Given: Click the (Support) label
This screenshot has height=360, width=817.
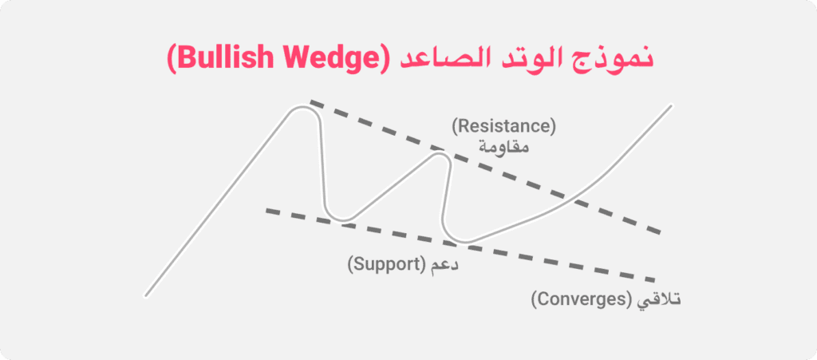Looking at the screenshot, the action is pos(387,265).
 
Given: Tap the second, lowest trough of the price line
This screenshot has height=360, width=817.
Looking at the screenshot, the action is pos(460,241).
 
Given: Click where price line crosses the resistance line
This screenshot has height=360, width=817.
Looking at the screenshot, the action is pos(570,199).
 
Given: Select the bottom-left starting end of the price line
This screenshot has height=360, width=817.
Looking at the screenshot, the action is pos(146,296).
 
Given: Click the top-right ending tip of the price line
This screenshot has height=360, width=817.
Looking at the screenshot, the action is pos(670,105).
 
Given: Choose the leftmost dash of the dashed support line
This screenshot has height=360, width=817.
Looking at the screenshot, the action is pos(275,212).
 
